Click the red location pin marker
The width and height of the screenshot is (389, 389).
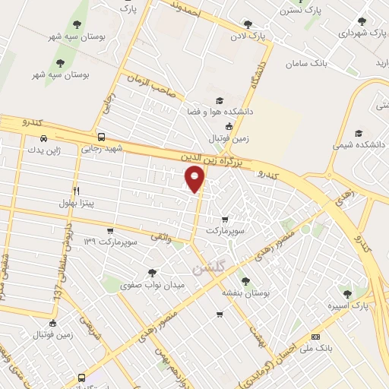(x=194, y=179)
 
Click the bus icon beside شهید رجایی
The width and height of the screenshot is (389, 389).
(x=101, y=137)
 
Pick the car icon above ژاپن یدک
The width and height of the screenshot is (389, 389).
(x=43, y=138)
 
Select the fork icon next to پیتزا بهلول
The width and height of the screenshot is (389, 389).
(x=76, y=191)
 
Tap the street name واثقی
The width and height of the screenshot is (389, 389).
(x=161, y=238)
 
